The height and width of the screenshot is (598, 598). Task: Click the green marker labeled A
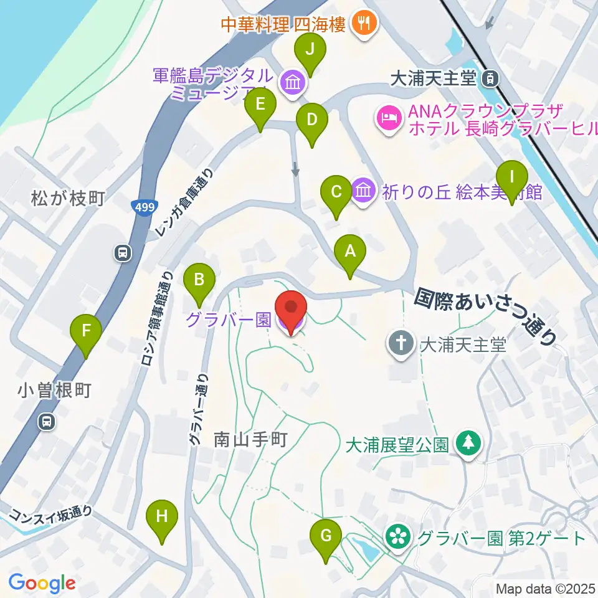(x=350, y=253)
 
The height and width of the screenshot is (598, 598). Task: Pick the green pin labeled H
(x=162, y=517)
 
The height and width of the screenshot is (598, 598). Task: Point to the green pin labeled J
(x=310, y=49)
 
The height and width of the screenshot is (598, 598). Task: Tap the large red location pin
(x=292, y=310)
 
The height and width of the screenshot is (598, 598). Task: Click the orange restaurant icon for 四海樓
(x=362, y=23)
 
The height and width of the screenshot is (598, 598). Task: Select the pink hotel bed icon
(x=389, y=116)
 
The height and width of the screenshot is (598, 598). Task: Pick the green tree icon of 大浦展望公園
(x=467, y=444)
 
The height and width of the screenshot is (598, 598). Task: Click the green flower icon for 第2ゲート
(x=397, y=537)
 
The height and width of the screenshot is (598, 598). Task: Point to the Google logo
(x=42, y=583)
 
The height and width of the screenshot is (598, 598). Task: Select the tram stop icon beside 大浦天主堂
(x=491, y=78)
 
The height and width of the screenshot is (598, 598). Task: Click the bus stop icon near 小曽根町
(x=47, y=422)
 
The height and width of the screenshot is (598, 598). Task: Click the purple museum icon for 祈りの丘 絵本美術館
(x=362, y=190)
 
